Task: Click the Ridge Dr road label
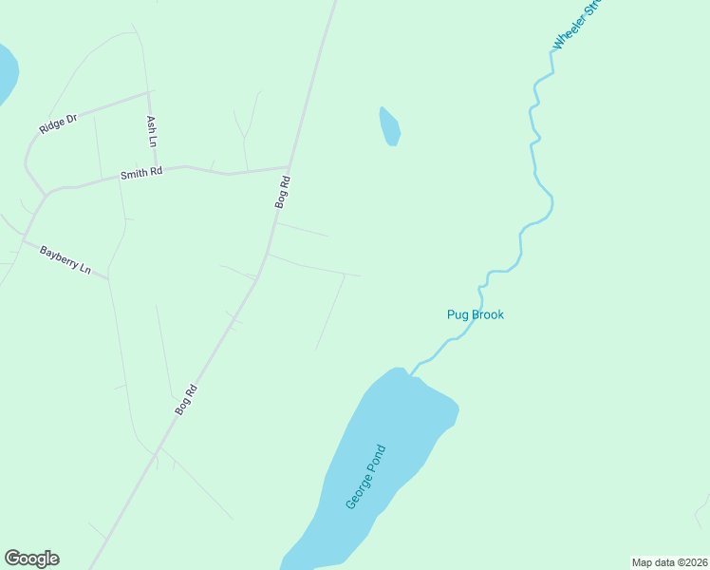(x=57, y=123)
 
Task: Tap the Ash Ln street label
(x=152, y=130)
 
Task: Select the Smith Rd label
(x=141, y=173)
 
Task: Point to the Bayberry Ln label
(x=65, y=259)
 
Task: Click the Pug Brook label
(x=475, y=314)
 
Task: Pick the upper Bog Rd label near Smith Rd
(x=282, y=192)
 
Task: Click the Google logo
(x=31, y=559)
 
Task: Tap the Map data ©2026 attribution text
(x=669, y=562)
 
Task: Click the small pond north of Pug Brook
(x=389, y=126)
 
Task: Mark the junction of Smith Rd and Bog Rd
(x=289, y=167)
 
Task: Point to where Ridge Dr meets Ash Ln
(x=147, y=93)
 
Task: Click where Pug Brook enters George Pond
(x=411, y=372)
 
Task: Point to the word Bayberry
(x=59, y=256)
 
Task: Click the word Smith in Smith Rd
(x=134, y=174)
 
